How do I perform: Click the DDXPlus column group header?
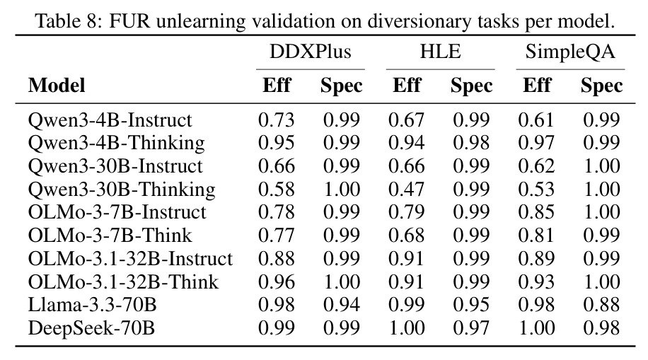coord(311,52)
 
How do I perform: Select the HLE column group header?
coord(441,52)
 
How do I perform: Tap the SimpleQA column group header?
coord(570,52)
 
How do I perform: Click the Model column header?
coord(57,86)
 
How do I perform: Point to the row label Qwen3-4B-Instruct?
coord(110,120)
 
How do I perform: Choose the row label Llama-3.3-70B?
coord(92,305)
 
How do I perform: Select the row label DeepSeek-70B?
coord(91,328)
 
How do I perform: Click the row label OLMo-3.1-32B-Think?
coord(123,282)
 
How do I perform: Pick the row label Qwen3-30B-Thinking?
coord(122,190)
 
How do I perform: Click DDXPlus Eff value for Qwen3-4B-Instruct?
coord(277,120)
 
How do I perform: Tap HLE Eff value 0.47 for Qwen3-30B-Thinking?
coord(407,190)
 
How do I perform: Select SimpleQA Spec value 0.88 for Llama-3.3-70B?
coord(601,305)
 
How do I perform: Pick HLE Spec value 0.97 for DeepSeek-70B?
coord(471,328)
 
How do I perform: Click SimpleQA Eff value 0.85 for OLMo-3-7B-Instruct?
coord(536,212)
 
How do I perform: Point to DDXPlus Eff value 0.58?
coord(277,190)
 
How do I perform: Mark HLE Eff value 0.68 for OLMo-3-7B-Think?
coord(407,236)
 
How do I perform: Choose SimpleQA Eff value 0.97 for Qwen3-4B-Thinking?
coord(536,143)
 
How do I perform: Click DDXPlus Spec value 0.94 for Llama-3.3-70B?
coord(342,305)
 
